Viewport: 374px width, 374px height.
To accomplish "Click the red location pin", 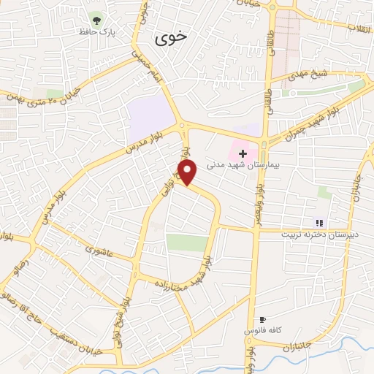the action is pyautogui.click(x=188, y=172).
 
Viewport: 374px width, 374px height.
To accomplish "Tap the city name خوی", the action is pyautogui.click(x=172, y=37).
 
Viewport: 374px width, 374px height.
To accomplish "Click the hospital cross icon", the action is pyautogui.click(x=243, y=153).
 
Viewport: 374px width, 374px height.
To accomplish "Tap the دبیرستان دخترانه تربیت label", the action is pyautogui.click(x=318, y=235).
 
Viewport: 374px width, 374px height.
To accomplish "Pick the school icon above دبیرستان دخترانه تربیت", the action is pyautogui.click(x=318, y=222).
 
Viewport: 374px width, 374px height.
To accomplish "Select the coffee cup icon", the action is pyautogui.click(x=263, y=320).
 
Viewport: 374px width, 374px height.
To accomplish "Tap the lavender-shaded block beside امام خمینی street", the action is pyautogui.click(x=149, y=116).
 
